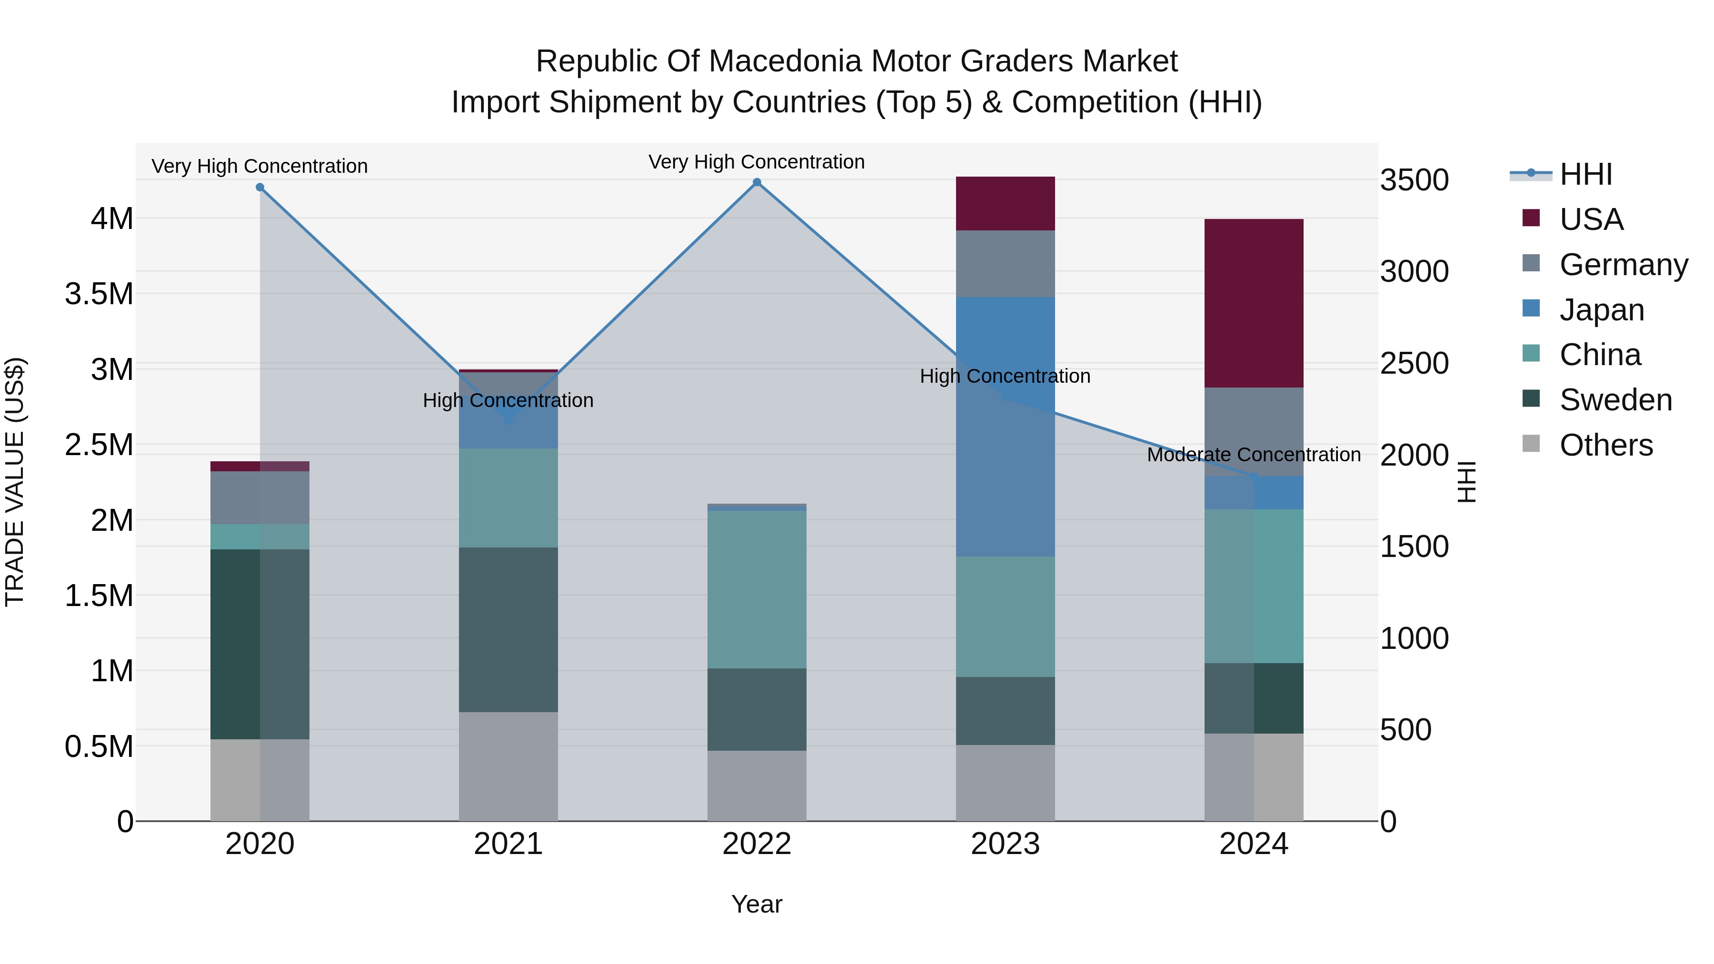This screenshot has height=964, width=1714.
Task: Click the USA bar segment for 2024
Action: [x=1254, y=303]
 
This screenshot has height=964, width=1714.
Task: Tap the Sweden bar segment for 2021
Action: [x=508, y=629]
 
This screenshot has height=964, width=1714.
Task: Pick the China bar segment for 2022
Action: [x=757, y=589]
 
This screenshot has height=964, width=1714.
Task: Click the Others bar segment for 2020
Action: [x=259, y=780]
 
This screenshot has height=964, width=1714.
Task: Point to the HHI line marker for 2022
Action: [x=757, y=182]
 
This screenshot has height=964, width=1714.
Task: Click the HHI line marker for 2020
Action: [x=259, y=188]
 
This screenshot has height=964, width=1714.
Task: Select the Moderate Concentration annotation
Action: [x=1254, y=455]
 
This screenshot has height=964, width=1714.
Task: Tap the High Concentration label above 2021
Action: [x=508, y=400]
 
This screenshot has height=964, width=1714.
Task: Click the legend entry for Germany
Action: [x=1624, y=265]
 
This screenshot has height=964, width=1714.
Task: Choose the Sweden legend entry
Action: [x=1615, y=400]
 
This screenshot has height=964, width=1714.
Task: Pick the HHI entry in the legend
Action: [x=1585, y=174]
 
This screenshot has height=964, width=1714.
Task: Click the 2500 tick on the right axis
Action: [x=1415, y=363]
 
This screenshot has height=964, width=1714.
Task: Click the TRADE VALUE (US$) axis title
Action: [x=15, y=482]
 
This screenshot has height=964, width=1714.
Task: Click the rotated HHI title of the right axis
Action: [x=1466, y=482]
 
